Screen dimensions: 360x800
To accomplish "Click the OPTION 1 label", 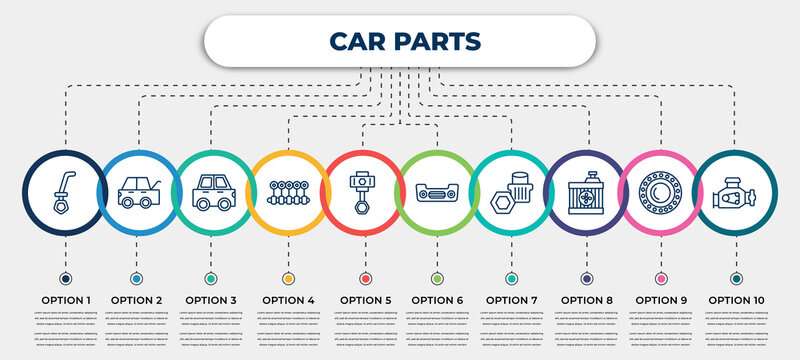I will (x=65, y=299).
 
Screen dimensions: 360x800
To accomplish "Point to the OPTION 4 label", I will (x=288, y=299).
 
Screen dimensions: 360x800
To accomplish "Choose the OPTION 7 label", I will (x=511, y=299).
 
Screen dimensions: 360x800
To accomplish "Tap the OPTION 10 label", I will (x=736, y=299).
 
